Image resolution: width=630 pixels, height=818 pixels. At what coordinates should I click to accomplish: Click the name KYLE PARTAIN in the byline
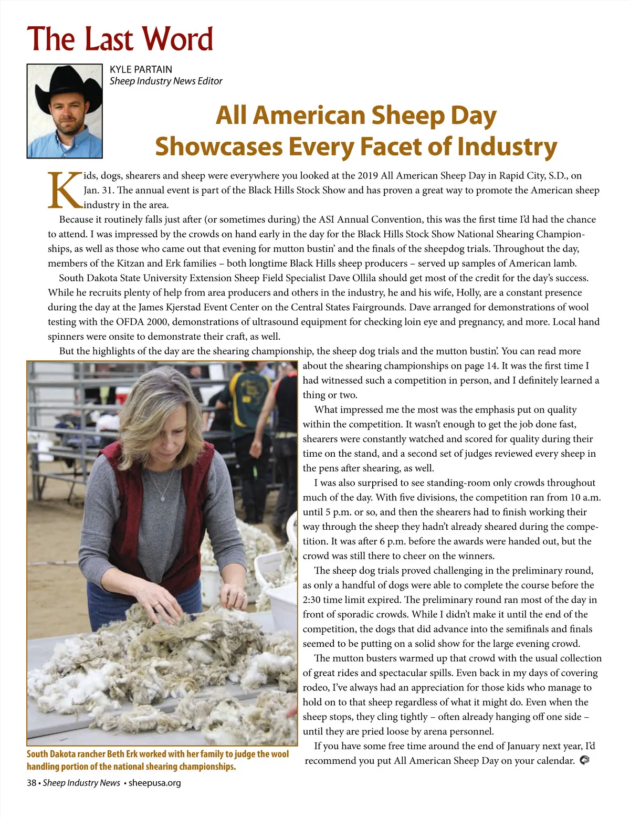pyautogui.click(x=141, y=69)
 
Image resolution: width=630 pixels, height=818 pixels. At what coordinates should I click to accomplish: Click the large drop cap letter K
pyautogui.click(x=64, y=190)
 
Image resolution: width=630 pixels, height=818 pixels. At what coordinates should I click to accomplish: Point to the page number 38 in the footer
pyautogui.click(x=31, y=783)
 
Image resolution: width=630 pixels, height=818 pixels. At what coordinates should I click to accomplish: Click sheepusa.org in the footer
pyautogui.click(x=154, y=783)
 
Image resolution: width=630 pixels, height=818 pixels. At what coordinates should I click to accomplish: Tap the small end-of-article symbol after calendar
pyautogui.click(x=584, y=760)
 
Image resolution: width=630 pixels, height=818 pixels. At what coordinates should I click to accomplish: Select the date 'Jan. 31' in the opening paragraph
pyautogui.click(x=99, y=191)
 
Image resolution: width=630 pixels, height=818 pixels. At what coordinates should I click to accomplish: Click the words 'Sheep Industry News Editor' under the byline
pyautogui.click(x=166, y=81)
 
